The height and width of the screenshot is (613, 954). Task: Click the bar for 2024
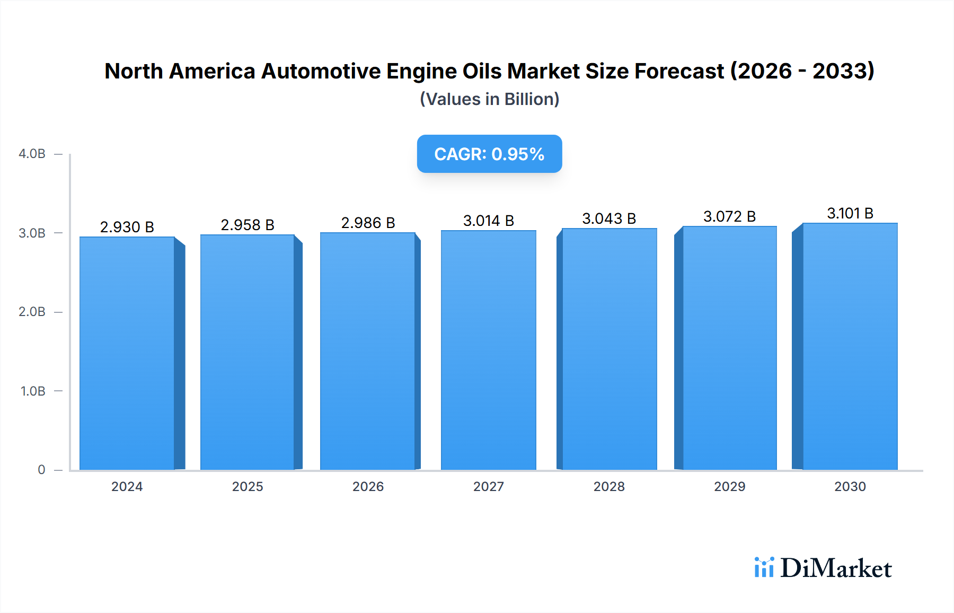(127, 353)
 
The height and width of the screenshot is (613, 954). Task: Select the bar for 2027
(488, 350)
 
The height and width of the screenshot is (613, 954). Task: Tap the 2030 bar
(850, 346)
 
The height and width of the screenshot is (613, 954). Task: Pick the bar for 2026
(368, 351)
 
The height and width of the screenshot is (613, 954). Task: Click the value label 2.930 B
(127, 227)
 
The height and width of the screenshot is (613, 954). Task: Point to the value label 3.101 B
(850, 213)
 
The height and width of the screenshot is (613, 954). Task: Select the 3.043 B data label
(609, 218)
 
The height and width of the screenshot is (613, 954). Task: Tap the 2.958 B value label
(248, 225)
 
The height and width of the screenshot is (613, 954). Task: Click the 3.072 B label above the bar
(729, 216)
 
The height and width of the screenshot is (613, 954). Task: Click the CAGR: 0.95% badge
(489, 154)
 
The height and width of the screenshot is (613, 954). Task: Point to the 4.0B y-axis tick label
(32, 154)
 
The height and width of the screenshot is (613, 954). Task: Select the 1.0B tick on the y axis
(33, 391)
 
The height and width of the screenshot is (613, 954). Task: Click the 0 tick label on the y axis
(41, 469)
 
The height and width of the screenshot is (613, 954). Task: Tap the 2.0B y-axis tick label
(32, 312)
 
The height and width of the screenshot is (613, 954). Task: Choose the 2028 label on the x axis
(609, 486)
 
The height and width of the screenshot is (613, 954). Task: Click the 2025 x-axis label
(248, 486)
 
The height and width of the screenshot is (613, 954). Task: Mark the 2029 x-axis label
(729, 486)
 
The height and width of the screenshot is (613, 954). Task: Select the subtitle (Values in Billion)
(489, 99)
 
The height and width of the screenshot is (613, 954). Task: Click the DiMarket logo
(823, 568)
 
